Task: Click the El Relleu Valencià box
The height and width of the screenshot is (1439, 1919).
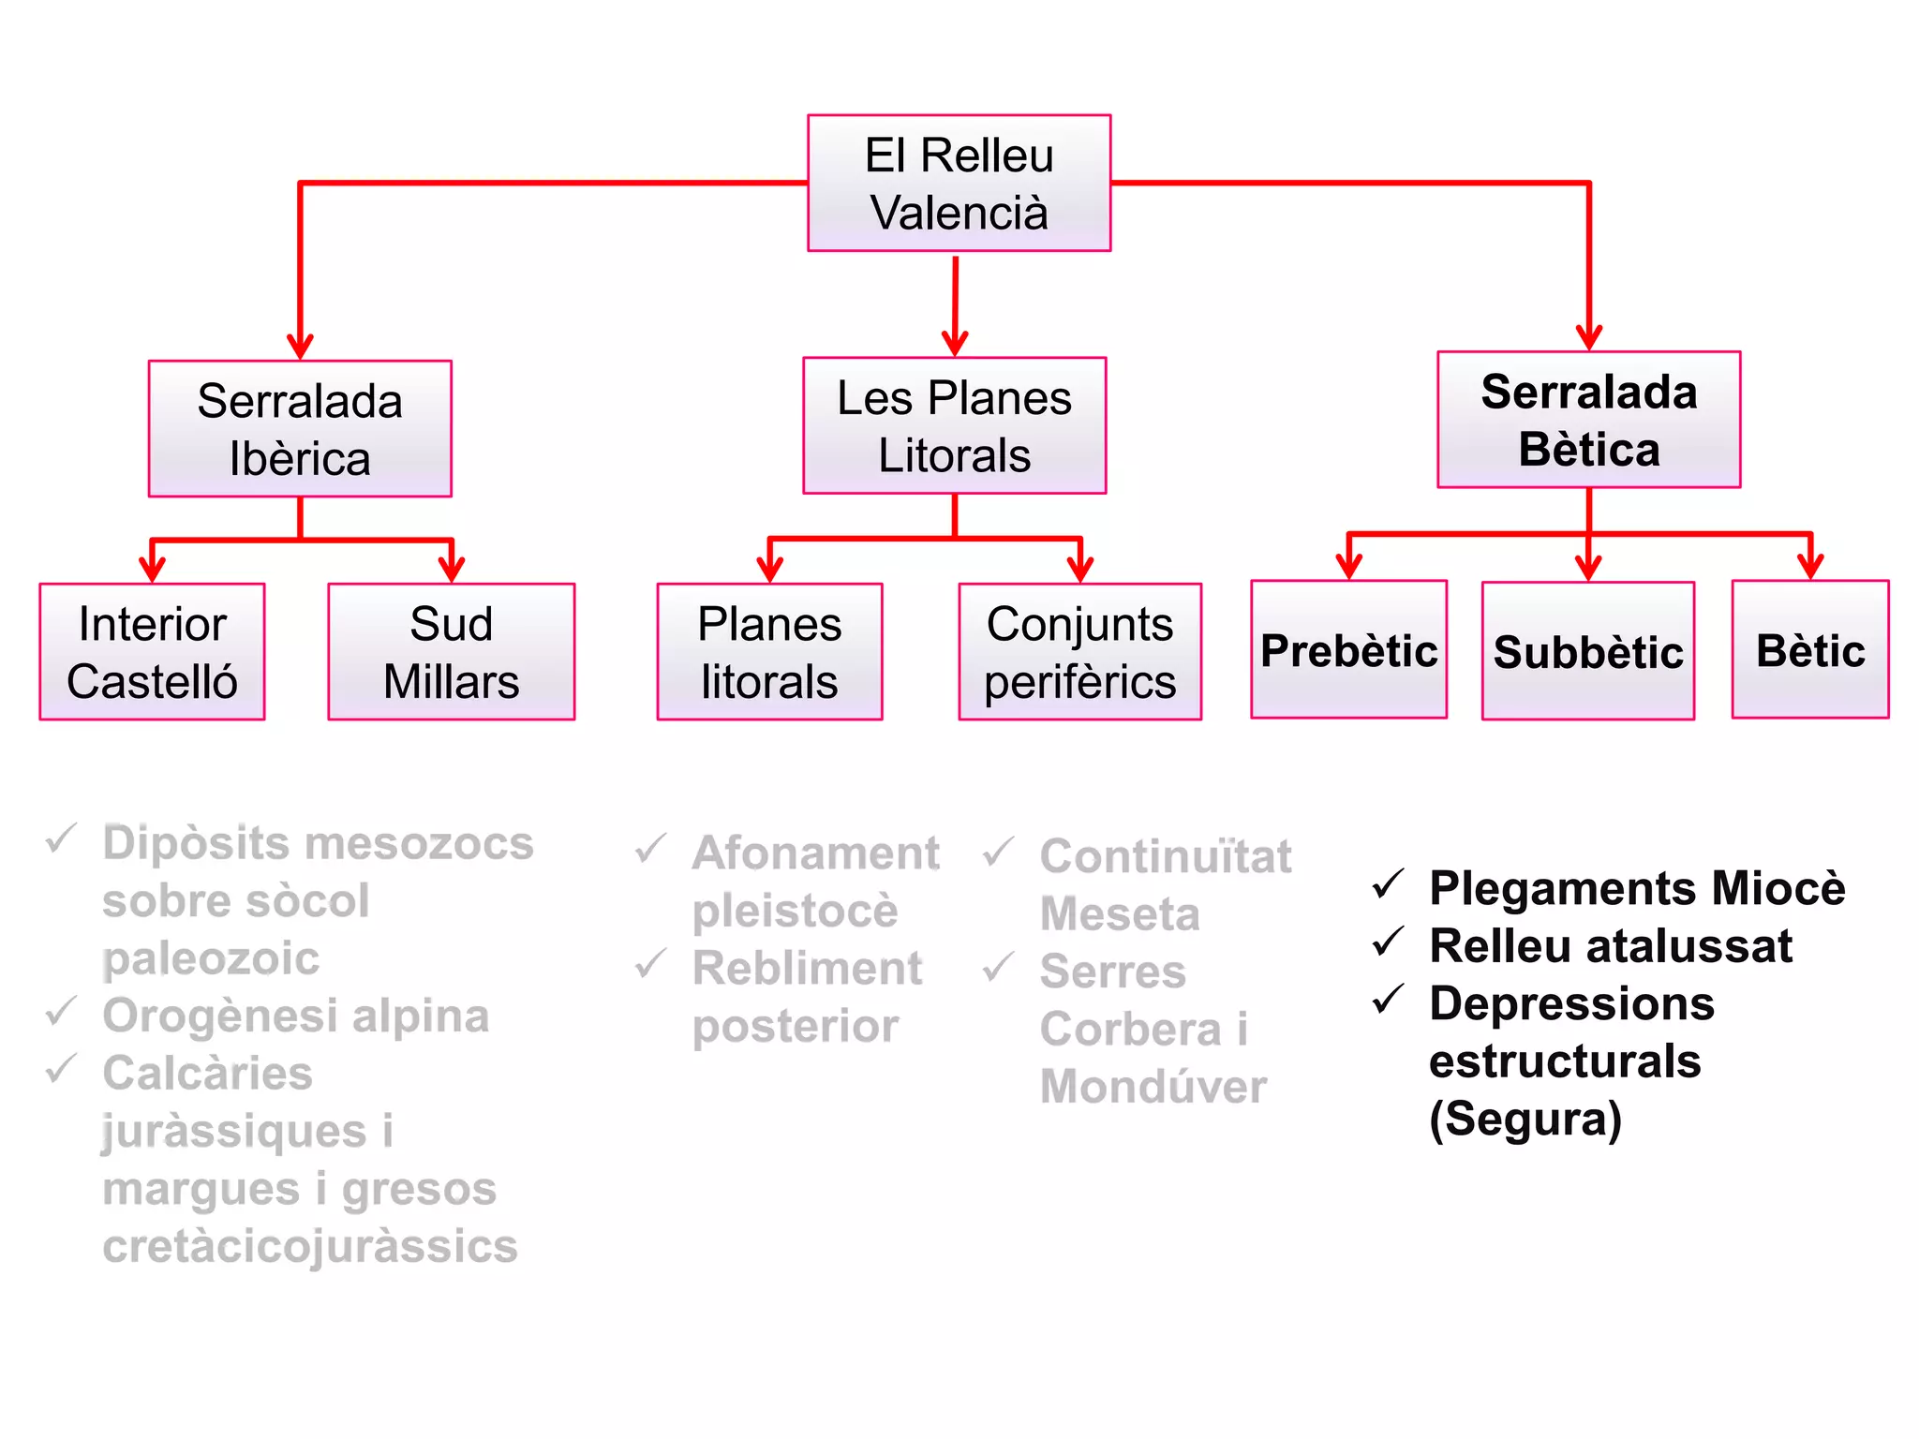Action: click(959, 184)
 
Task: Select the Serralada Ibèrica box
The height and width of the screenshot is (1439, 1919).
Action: click(300, 429)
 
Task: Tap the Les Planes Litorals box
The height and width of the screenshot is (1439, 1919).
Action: click(954, 426)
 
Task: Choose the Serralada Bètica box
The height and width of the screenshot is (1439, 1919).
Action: click(1588, 420)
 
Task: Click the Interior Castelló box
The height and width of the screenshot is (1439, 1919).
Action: click(152, 652)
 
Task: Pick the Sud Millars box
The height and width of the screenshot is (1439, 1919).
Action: click(451, 652)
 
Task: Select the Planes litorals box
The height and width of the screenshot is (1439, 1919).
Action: click(769, 652)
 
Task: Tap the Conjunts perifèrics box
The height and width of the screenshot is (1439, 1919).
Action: click(1079, 652)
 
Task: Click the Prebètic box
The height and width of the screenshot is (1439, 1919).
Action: click(1348, 650)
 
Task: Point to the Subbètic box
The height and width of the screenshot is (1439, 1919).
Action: click(1587, 651)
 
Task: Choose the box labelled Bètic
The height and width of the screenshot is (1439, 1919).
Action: click(1809, 650)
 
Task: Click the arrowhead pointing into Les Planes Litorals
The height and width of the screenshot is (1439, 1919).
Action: click(954, 342)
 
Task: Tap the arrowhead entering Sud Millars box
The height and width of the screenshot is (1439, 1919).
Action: click(452, 569)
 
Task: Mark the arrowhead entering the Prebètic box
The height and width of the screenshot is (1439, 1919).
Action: click(1348, 566)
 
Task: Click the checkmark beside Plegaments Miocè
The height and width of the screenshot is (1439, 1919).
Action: click(1388, 883)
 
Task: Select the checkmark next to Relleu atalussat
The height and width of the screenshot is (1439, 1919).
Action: click(1388, 942)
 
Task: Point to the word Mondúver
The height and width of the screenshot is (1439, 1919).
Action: click(1153, 1087)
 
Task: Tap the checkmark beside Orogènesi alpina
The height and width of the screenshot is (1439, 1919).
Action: click(61, 1012)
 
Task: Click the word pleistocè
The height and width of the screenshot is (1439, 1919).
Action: click(795, 911)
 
